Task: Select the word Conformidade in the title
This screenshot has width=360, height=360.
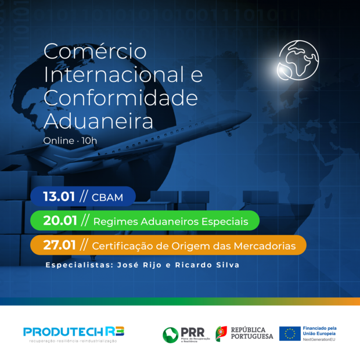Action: (x=121, y=98)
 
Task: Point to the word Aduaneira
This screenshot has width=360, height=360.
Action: (x=99, y=120)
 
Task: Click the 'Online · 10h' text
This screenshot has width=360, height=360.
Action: (x=70, y=141)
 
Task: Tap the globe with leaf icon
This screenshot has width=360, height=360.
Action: (x=298, y=60)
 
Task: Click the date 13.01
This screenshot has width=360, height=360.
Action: (x=59, y=197)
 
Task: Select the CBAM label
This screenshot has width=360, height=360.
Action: (x=107, y=197)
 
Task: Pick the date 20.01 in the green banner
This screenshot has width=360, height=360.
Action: (x=60, y=221)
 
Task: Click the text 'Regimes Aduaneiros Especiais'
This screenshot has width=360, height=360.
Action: (x=171, y=221)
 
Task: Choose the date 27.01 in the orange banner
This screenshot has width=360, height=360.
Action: (x=59, y=245)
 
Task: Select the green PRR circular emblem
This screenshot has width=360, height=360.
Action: (x=170, y=334)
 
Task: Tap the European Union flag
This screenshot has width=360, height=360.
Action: (x=290, y=333)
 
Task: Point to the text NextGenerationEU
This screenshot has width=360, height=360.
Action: (x=319, y=339)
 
